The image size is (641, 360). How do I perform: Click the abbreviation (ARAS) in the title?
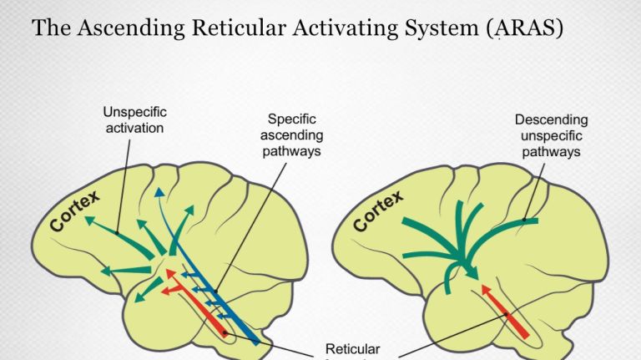click(x=522, y=28)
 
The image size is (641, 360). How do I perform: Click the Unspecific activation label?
click(x=134, y=119)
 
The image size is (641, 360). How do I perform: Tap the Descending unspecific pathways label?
click(x=551, y=136)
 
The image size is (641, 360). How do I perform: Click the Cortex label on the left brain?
click(x=74, y=210)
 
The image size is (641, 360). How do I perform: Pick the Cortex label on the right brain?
click(x=378, y=210)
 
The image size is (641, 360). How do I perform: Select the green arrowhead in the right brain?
click(x=472, y=270)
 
